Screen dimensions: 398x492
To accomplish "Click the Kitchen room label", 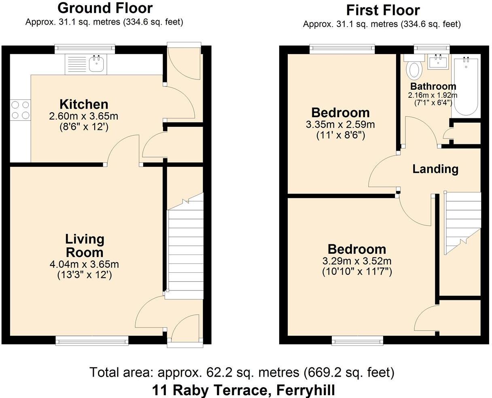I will pyautogui.click(x=84, y=104).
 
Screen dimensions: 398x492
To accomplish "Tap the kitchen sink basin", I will pyautogui.click(x=96, y=65).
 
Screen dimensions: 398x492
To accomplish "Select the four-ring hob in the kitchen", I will pyautogui.click(x=21, y=110).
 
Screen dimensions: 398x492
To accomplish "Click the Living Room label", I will pyautogui.click(x=85, y=246).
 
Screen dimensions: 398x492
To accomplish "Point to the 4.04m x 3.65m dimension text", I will pyautogui.click(x=84, y=265).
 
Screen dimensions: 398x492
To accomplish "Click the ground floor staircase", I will pyautogui.click(x=185, y=251).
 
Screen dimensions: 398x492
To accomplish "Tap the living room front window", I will pyautogui.click(x=92, y=341).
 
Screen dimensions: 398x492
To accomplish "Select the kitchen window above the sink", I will pyautogui.click(x=85, y=49).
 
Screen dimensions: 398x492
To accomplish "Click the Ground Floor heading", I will pyautogui.click(x=105, y=8).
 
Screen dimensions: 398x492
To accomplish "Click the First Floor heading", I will pyautogui.click(x=383, y=10).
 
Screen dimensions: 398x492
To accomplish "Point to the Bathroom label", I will pyautogui.click(x=433, y=86).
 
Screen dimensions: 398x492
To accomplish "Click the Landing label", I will pyautogui.click(x=435, y=169).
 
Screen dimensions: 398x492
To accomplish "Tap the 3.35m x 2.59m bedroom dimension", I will pyautogui.click(x=340, y=125).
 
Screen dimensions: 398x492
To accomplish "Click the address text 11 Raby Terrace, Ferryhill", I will pyautogui.click(x=243, y=390).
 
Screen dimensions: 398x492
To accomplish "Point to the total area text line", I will pyautogui.click(x=242, y=372).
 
